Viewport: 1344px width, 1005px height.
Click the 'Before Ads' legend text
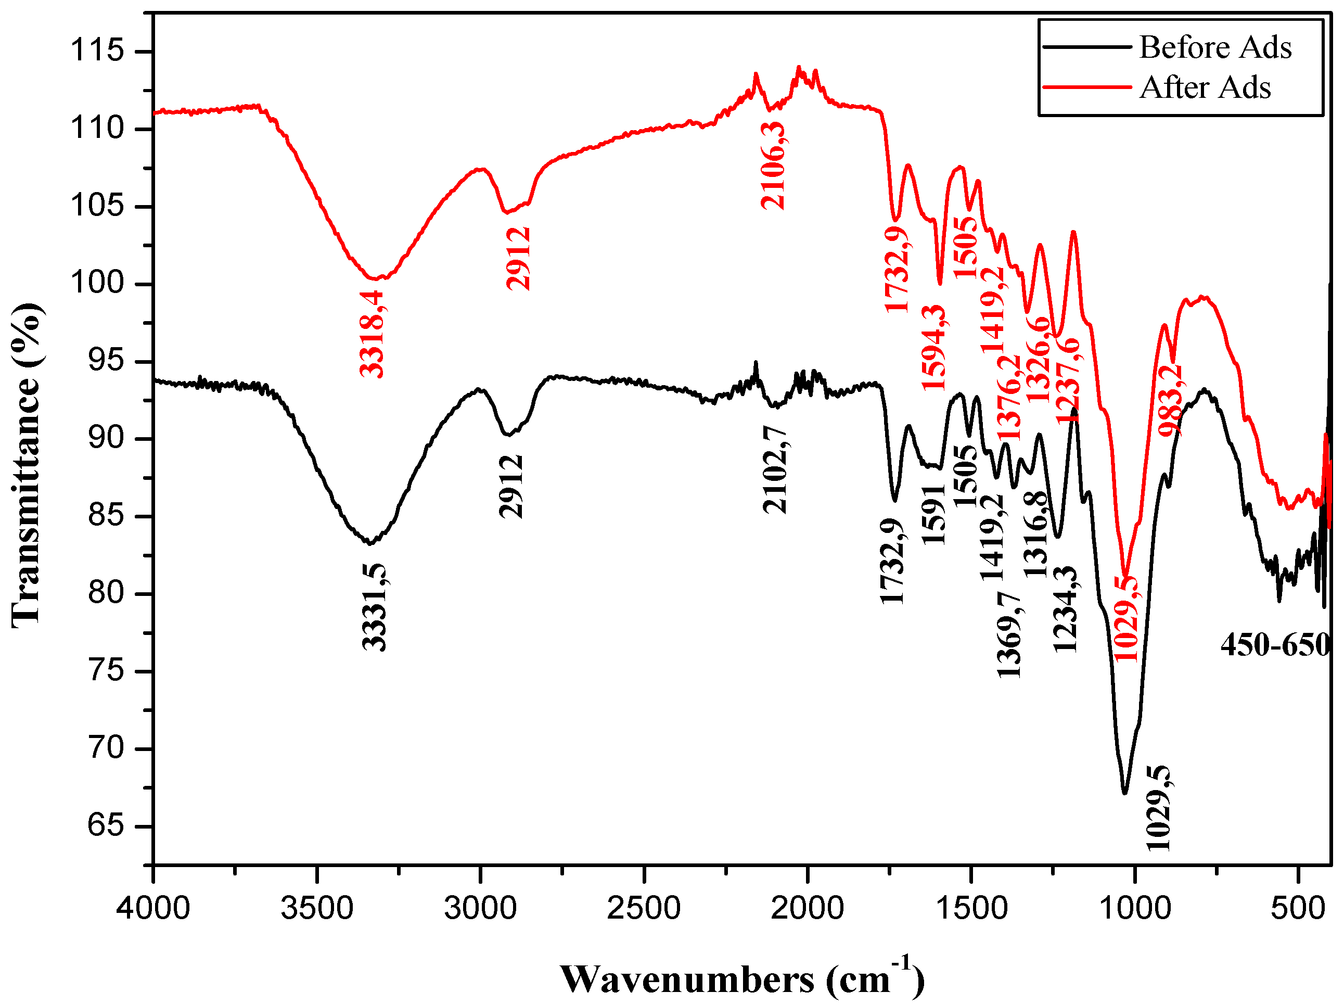click(x=1214, y=47)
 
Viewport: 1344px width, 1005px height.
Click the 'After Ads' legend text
click(x=1205, y=88)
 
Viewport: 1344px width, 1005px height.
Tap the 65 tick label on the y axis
click(x=105, y=826)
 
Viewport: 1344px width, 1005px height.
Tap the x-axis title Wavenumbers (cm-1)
click(x=742, y=979)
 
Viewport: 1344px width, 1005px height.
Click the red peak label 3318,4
click(x=372, y=334)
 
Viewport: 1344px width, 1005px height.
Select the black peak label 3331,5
click(x=374, y=607)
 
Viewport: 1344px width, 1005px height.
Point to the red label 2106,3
click(x=773, y=166)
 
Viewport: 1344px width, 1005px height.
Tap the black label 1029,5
click(x=1158, y=808)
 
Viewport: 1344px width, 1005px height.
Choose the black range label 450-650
click(x=1275, y=645)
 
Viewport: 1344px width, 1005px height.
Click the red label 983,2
click(x=1170, y=400)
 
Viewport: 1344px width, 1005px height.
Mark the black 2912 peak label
click(x=510, y=486)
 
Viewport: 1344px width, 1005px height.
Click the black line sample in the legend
click(x=1086, y=47)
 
